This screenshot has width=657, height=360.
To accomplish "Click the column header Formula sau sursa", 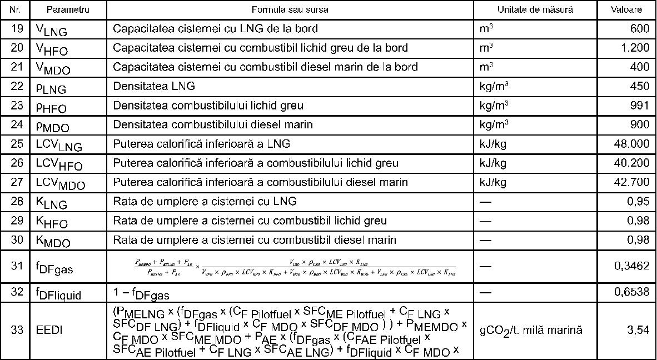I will (x=290, y=10).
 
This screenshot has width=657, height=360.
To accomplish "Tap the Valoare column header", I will (x=626, y=10).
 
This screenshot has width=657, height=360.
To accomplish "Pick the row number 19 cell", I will (x=17, y=28).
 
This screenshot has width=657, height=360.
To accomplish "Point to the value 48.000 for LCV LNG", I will (x=631, y=144).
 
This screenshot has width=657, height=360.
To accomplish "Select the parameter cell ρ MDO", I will (x=53, y=126).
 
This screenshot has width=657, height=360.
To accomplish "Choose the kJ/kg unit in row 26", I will (x=492, y=163).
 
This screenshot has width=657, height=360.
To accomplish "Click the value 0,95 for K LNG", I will (x=638, y=201).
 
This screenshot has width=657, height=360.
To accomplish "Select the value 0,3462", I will (x=631, y=266).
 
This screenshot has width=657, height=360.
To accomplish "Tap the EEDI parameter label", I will (x=49, y=330).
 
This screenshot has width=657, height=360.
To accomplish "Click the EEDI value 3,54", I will (x=638, y=330).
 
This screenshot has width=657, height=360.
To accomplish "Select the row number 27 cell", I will (x=17, y=182).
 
